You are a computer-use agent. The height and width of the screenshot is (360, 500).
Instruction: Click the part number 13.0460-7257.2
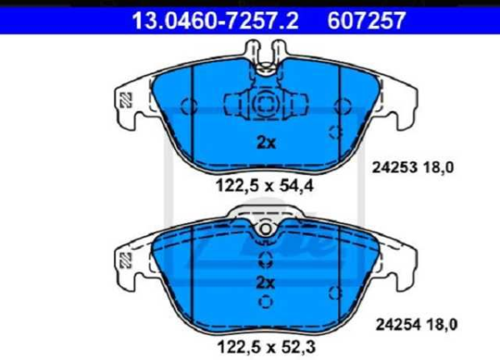pyautogui.click(x=216, y=20)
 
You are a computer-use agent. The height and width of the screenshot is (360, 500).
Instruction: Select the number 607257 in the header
pyautogui.click(x=367, y=20)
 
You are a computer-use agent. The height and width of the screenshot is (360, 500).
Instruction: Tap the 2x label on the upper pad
pyautogui.click(x=266, y=142)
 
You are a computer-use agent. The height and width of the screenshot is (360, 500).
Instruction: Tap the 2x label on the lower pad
pyautogui.click(x=266, y=282)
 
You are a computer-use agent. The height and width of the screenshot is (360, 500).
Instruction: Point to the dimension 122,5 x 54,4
pyautogui.click(x=265, y=186)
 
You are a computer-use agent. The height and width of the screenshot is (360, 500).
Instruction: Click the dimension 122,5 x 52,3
pyautogui.click(x=267, y=347)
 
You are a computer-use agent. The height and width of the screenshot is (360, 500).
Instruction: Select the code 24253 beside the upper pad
pyautogui.click(x=395, y=167)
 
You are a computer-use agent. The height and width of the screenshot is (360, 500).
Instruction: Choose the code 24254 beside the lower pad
pyautogui.click(x=398, y=325)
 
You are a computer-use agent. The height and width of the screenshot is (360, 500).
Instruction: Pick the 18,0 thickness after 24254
pyautogui.click(x=442, y=325)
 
